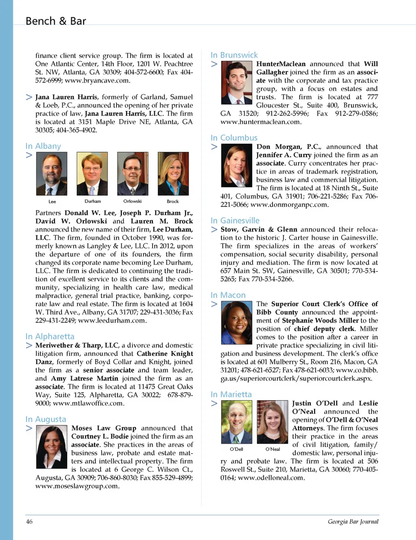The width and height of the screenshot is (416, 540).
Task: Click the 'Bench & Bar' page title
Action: point(55,21)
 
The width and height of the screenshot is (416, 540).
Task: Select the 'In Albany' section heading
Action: point(43,146)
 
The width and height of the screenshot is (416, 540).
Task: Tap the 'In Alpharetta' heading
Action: point(49,336)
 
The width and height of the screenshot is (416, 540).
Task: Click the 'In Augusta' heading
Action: point(45,419)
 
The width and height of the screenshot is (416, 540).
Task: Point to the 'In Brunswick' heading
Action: point(234,55)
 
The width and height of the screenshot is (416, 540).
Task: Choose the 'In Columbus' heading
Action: point(234,137)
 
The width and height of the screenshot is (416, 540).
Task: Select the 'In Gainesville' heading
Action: point(235,220)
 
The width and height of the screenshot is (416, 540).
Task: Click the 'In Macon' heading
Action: point(228,295)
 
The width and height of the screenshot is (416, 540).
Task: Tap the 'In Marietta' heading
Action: point(231,394)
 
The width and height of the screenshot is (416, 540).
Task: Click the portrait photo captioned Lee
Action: point(52,173)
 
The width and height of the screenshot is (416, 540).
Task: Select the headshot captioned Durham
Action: point(92,173)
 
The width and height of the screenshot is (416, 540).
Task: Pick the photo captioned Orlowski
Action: point(133,173)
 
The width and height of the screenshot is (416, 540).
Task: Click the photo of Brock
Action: point(173,173)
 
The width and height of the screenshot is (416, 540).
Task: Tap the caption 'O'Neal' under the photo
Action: point(273,449)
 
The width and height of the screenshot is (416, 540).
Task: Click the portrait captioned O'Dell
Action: point(237,422)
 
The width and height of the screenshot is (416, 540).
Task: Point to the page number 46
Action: point(29,521)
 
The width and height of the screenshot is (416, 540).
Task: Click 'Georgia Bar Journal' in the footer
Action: point(353,521)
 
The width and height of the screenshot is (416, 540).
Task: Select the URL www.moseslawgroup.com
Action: point(77,486)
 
